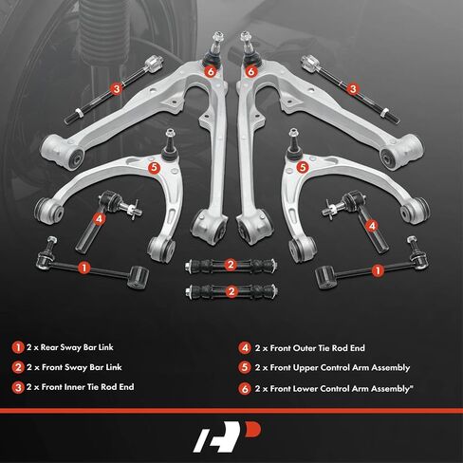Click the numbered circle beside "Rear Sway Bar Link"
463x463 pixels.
(x=18, y=347)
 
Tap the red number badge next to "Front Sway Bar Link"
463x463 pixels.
(x=18, y=367)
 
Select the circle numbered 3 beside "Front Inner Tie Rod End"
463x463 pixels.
(x=18, y=387)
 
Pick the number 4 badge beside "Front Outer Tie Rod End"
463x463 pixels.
(x=245, y=348)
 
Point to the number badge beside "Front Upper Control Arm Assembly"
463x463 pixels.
(x=245, y=368)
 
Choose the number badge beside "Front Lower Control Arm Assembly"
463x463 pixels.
(x=245, y=389)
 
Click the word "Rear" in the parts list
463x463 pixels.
(x=49, y=347)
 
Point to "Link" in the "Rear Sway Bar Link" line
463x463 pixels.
(x=105, y=347)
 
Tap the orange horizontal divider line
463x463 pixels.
(x=231, y=411)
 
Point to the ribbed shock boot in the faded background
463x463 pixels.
(x=95, y=35)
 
